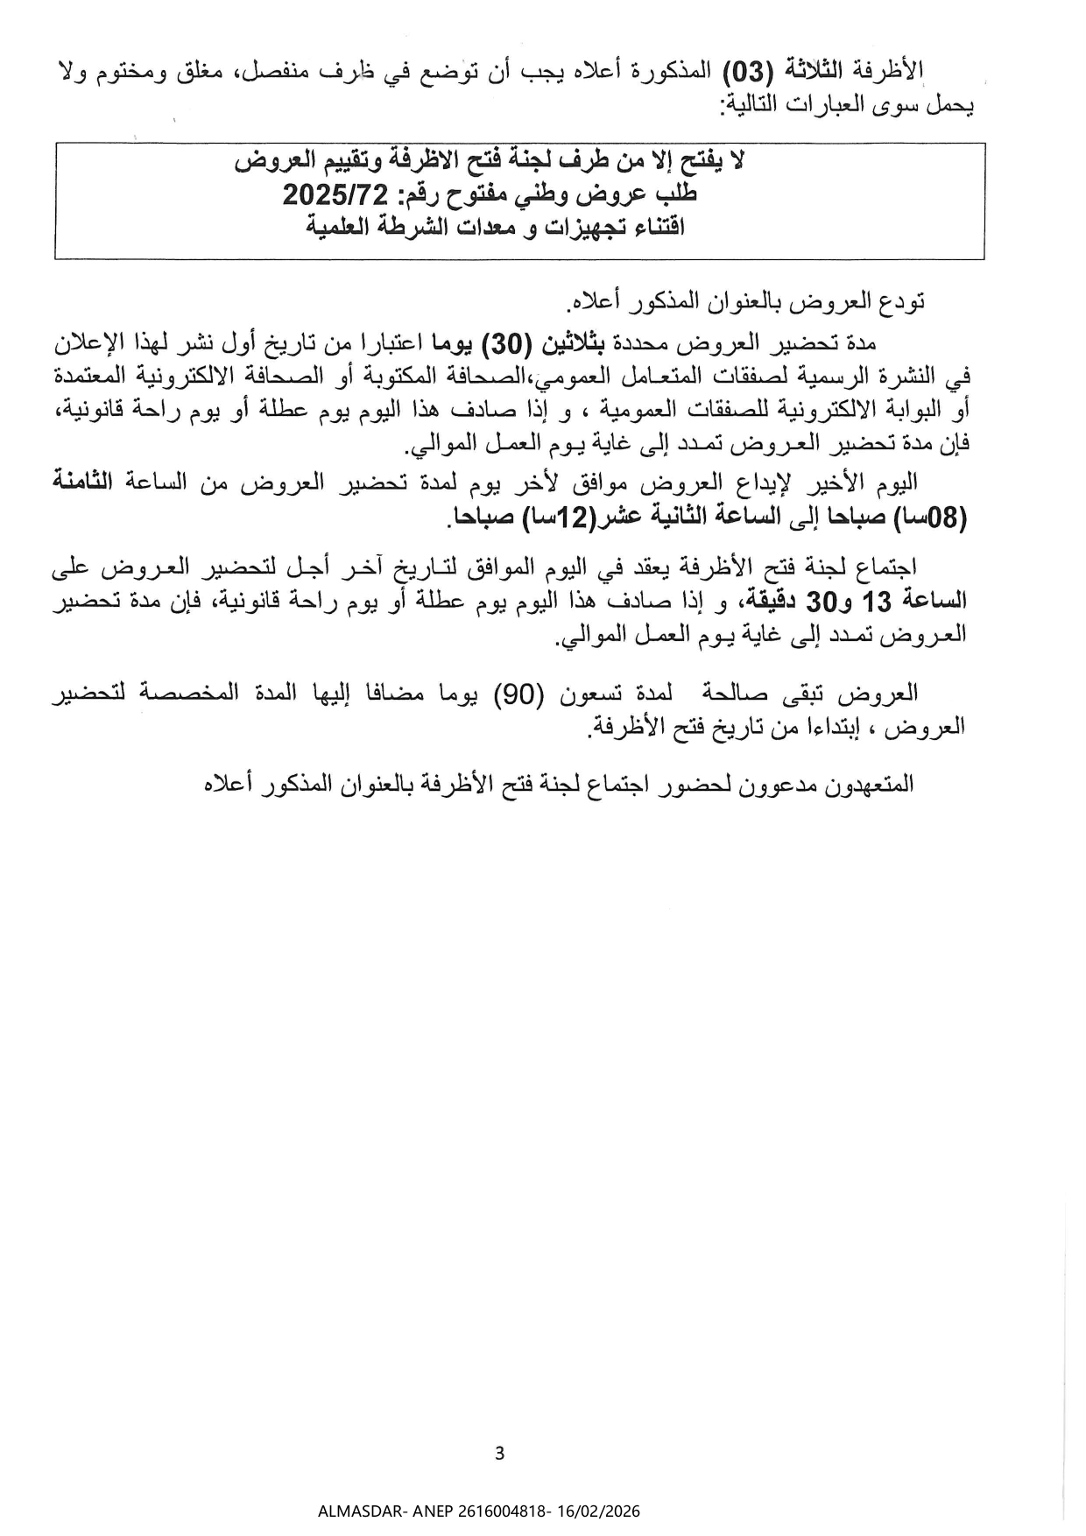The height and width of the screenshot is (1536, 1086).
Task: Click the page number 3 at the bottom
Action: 499,1455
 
